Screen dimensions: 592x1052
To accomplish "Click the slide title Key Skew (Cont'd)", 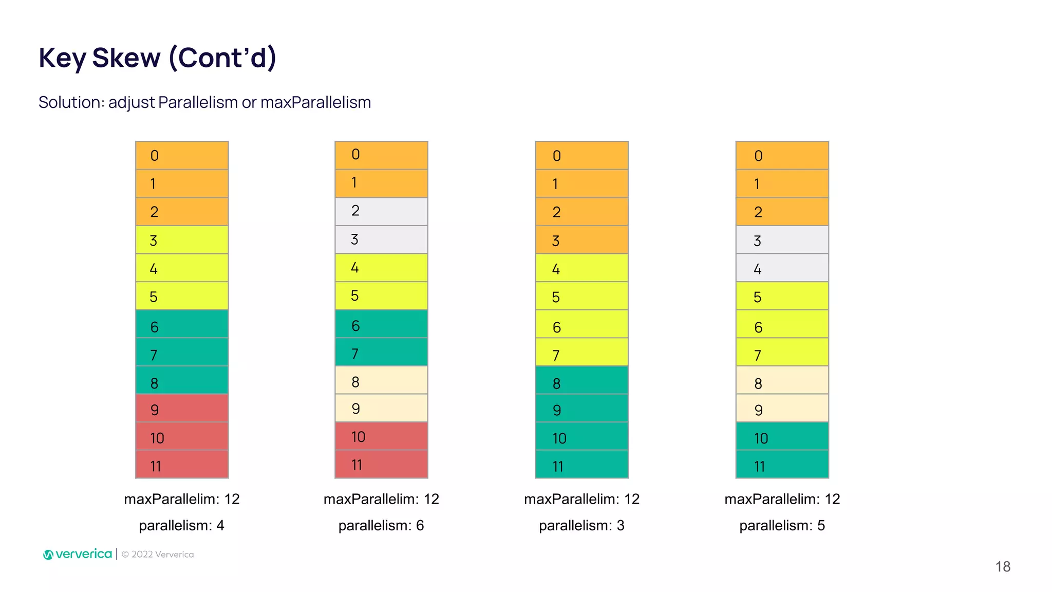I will pyautogui.click(x=157, y=58).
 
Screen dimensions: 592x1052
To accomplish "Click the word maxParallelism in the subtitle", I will pyautogui.click(x=315, y=102).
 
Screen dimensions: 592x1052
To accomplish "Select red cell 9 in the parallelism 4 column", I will pyautogui.click(x=182, y=409).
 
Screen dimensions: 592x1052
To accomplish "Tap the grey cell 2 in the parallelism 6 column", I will pyautogui.click(x=381, y=212).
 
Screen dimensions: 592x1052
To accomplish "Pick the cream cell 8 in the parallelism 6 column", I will pyautogui.click(x=381, y=380).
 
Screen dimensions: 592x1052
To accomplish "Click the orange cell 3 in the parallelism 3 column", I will pyautogui.click(x=581, y=240).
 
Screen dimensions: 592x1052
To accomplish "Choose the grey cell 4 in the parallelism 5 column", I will pyautogui.click(x=782, y=268).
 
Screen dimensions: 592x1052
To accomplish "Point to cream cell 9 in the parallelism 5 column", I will pyautogui.click(x=782, y=409).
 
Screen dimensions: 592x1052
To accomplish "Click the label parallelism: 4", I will pyautogui.click(x=181, y=525).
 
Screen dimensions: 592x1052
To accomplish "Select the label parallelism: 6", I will pyautogui.click(x=381, y=525).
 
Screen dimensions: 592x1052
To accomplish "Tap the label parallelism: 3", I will pyautogui.click(x=581, y=525).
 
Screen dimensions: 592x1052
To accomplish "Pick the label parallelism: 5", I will pyautogui.click(x=782, y=525).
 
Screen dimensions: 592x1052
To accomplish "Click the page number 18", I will pyautogui.click(x=1002, y=566).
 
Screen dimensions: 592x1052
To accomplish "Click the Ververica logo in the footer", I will pyautogui.click(x=78, y=554).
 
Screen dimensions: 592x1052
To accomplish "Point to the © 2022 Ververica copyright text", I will pyautogui.click(x=158, y=554).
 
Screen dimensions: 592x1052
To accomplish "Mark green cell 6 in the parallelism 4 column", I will pyautogui.click(x=182, y=324).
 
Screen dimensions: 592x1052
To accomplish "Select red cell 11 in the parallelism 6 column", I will pyautogui.click(x=381, y=465).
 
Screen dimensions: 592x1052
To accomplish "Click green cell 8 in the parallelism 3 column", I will pyautogui.click(x=581, y=380).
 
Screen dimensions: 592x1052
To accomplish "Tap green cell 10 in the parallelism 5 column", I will pyautogui.click(x=782, y=436).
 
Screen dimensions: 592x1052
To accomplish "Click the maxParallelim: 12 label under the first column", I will pyautogui.click(x=181, y=499).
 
